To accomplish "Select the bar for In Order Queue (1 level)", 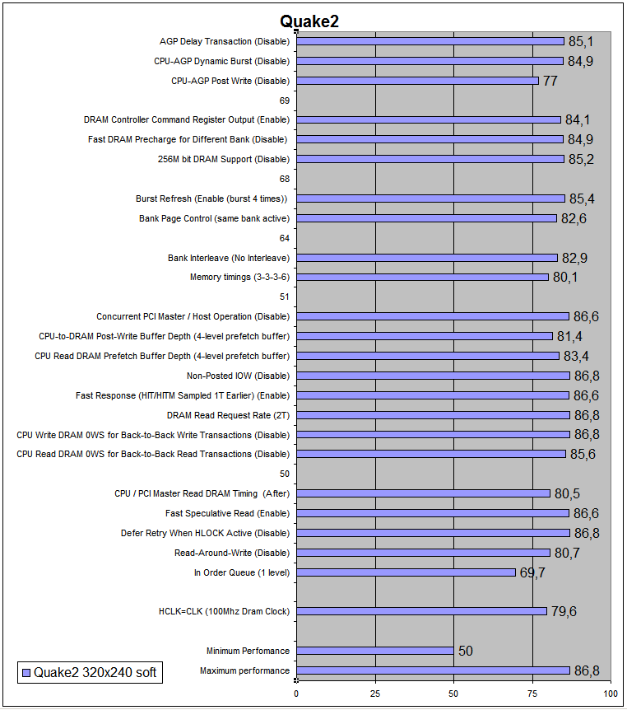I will tap(406, 572).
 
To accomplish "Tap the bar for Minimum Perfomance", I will tap(374, 651).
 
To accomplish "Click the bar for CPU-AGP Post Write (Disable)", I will tap(417, 81).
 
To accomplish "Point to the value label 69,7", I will tap(532, 572).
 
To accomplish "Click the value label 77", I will tap(550, 82).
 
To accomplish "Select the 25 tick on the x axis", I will tap(375, 693).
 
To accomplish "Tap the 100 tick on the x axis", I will tap(610, 693).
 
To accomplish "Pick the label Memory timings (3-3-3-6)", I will tap(239, 278).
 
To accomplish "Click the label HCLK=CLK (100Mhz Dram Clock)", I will tap(224, 612).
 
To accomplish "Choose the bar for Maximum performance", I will tap(433, 670).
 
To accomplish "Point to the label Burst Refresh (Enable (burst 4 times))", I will tap(212, 199).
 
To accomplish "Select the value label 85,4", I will tap(583, 199).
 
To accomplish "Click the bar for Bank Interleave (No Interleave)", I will tap(427, 258).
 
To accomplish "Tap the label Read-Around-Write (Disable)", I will tap(232, 553).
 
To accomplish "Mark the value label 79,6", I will tap(564, 612).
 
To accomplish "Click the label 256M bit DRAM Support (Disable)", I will tap(223, 159).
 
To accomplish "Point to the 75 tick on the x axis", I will tap(532, 693).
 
